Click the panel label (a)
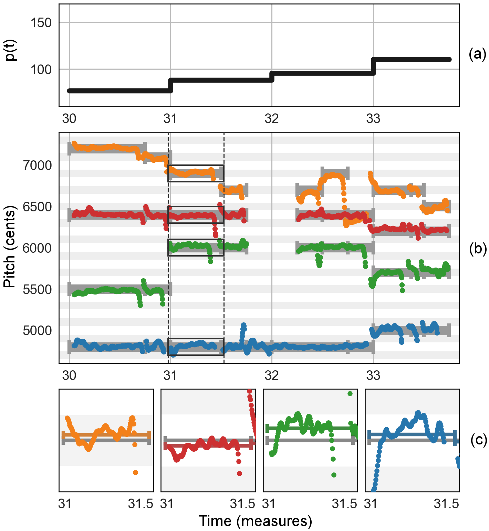point(477,54)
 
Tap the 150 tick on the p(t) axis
point(41,23)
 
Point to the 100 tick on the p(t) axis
point(41,70)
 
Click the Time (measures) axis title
point(255,521)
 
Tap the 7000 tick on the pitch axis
point(37,166)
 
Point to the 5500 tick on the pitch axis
point(37,290)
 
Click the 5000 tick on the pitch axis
point(37,331)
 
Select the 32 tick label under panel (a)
point(272,119)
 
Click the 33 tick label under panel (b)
point(373,375)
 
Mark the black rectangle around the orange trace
point(196,173)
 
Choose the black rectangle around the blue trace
point(196,347)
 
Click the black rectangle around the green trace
point(196,247)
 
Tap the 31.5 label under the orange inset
point(141,504)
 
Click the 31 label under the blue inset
point(371,504)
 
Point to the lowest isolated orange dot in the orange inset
point(135,472)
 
